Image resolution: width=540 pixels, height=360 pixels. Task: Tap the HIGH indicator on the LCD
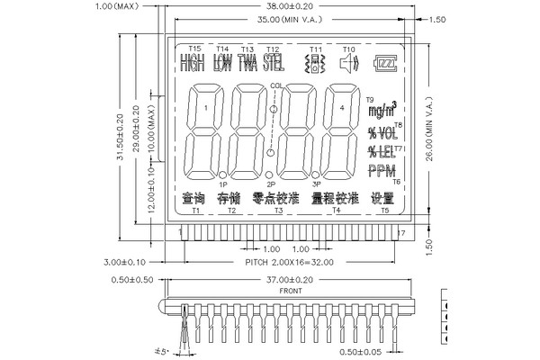[192, 63]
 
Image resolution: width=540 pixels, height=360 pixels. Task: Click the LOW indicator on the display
[222, 63]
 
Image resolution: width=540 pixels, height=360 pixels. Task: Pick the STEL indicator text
[273, 63]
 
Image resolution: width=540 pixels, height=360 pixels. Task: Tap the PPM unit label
[382, 172]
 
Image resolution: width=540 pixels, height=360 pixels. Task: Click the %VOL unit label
[382, 132]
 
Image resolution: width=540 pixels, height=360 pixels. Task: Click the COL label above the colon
[276, 85]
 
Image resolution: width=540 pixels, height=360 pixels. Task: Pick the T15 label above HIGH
[195, 48]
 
